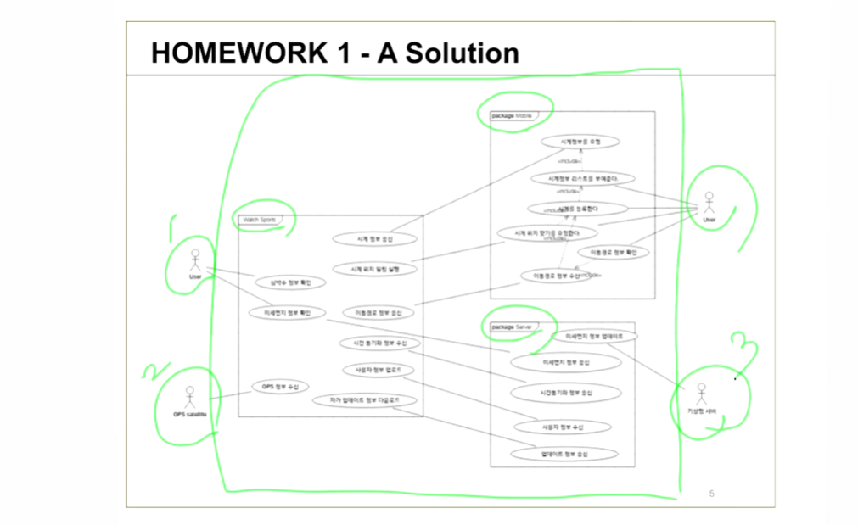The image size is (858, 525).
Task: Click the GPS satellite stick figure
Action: [x=189, y=396]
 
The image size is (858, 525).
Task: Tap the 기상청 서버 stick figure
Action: [x=701, y=394]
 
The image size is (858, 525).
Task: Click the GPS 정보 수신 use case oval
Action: [x=280, y=387]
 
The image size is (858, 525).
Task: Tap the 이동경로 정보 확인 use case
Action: [x=614, y=252]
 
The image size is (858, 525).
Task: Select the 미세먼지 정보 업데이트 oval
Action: [x=594, y=336]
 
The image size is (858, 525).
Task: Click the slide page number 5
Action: [x=711, y=493]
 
